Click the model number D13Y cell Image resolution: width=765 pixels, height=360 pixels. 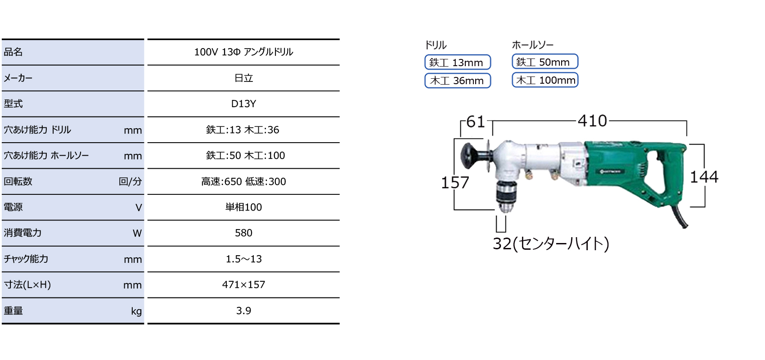(x=243, y=104)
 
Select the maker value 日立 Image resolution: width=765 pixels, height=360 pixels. (x=243, y=78)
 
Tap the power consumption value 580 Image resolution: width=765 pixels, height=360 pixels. (x=243, y=233)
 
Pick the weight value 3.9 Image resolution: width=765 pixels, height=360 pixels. (x=243, y=311)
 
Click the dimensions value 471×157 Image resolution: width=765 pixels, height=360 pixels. (x=243, y=284)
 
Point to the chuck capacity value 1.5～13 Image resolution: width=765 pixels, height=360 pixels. (x=243, y=259)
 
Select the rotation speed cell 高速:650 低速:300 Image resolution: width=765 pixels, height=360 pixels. (x=243, y=181)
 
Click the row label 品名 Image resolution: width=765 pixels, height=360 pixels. (x=13, y=52)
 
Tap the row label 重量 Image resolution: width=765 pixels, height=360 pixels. (x=13, y=311)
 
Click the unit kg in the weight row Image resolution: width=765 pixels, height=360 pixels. (x=136, y=311)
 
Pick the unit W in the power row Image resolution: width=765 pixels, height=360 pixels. (x=137, y=233)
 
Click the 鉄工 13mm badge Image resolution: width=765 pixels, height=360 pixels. (x=458, y=62)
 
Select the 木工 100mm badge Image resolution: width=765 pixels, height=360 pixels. (x=545, y=80)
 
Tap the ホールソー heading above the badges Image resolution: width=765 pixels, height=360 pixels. (x=532, y=45)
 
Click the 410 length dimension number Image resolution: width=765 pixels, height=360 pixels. (x=592, y=121)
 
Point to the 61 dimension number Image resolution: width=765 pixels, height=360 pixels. (x=475, y=121)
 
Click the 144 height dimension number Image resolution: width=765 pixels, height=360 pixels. (x=704, y=177)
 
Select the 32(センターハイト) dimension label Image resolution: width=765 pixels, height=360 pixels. (x=551, y=244)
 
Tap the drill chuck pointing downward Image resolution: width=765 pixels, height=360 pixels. (x=505, y=197)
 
